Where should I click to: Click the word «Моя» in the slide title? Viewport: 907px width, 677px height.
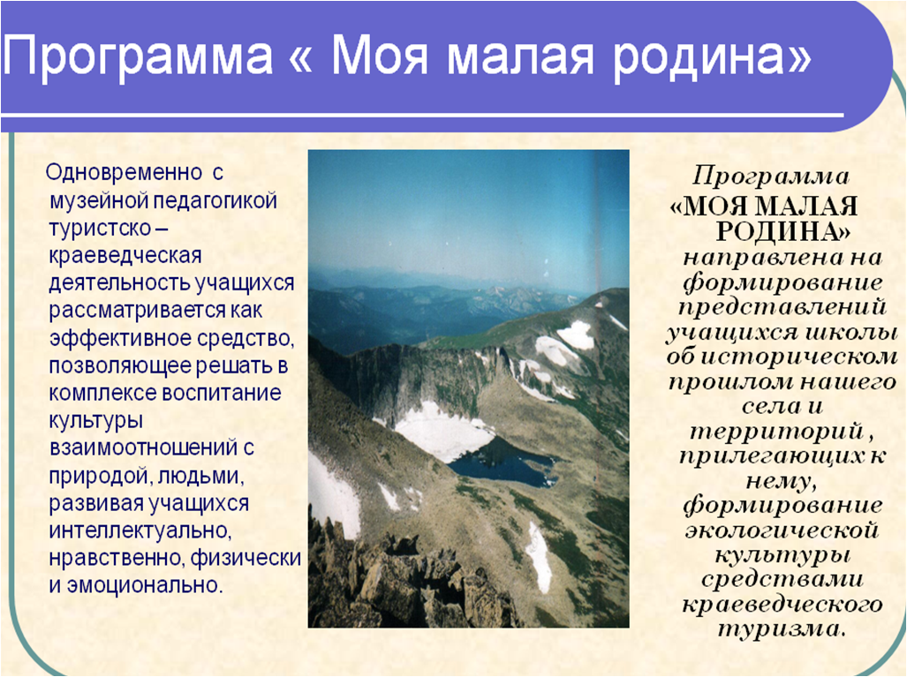point(380,57)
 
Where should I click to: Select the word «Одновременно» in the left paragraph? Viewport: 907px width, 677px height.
point(125,172)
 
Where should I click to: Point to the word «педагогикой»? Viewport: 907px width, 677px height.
point(215,201)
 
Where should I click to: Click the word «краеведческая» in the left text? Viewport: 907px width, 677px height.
point(125,256)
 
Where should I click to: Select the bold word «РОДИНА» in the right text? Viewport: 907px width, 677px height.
point(783,231)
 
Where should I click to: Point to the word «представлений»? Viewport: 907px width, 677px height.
point(782,307)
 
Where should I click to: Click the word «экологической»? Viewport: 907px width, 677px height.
point(782,530)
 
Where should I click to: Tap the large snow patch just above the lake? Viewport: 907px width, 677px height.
point(440,431)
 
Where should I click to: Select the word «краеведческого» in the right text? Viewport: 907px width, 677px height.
point(782,605)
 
